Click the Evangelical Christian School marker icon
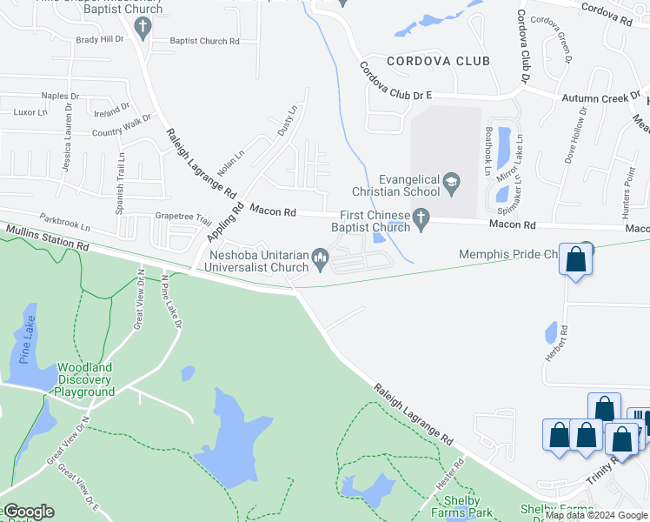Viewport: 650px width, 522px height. click(451, 182)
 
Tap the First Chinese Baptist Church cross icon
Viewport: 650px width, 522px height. click(421, 217)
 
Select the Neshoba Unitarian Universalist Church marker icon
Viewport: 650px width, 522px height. click(320, 256)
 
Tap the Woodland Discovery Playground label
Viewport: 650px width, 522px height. click(85, 380)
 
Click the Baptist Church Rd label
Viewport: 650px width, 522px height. click(204, 41)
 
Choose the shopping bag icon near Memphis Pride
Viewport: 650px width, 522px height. click(576, 259)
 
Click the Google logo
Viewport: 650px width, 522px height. click(28, 512)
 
